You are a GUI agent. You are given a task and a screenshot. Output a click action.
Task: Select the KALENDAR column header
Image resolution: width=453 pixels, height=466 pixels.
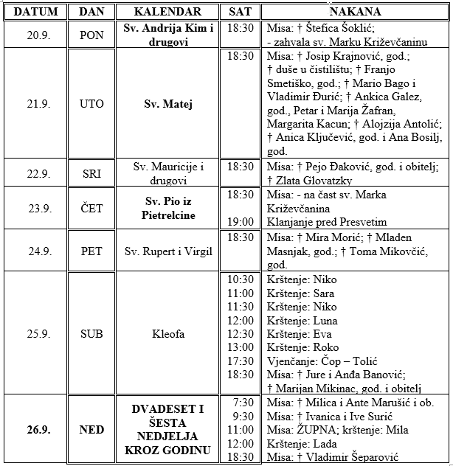click(x=167, y=12)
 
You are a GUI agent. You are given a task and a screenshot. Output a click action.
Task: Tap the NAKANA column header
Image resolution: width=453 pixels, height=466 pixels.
click(x=355, y=12)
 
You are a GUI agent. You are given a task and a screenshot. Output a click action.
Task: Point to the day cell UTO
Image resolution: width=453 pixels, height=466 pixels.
click(x=91, y=104)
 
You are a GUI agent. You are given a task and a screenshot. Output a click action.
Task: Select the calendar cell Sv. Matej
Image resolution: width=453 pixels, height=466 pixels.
click(x=167, y=104)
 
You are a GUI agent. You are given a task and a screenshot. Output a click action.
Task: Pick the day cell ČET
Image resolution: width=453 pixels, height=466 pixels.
click(x=91, y=209)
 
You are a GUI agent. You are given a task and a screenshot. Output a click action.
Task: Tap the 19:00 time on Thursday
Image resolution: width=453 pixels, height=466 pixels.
click(x=241, y=222)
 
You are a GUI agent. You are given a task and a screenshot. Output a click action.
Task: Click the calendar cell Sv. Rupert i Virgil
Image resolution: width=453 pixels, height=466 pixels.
click(x=167, y=251)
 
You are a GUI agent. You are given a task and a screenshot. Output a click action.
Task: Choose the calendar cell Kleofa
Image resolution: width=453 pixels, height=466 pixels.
click(x=167, y=334)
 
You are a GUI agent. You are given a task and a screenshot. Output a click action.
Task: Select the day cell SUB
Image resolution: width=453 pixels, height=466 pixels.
click(x=91, y=334)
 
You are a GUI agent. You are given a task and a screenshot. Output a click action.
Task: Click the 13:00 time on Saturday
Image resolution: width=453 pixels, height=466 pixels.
click(x=241, y=347)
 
